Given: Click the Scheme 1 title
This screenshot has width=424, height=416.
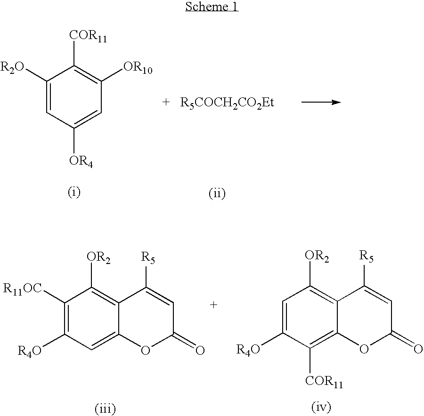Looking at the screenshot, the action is [212, 7].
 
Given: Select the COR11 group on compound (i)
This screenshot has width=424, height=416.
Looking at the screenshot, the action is [88, 36].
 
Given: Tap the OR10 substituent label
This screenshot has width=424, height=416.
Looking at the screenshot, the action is [138, 67].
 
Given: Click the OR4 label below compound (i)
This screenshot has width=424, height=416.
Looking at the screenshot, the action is [81, 161].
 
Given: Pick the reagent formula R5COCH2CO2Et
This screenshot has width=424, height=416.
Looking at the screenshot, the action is [227, 103].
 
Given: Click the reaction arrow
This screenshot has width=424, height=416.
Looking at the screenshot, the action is [321, 102].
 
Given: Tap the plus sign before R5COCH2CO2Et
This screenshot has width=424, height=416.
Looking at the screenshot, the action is [166, 102].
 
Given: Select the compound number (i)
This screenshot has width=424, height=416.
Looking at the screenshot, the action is [74, 192].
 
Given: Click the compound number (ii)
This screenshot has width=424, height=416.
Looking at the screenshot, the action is [217, 193].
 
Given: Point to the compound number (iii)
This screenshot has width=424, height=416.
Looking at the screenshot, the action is [105, 409].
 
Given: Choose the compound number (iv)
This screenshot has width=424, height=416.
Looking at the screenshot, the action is [321, 407].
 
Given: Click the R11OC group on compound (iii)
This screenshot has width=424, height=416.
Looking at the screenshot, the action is [23, 289].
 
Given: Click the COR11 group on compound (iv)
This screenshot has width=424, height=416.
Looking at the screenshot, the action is [324, 382].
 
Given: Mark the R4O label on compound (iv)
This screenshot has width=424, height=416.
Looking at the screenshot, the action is [248, 350].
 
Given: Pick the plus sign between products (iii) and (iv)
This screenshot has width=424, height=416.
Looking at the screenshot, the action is [213, 305].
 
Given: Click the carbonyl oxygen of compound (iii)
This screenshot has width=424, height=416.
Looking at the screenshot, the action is [200, 351].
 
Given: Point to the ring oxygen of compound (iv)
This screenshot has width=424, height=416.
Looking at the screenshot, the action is [364, 349].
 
